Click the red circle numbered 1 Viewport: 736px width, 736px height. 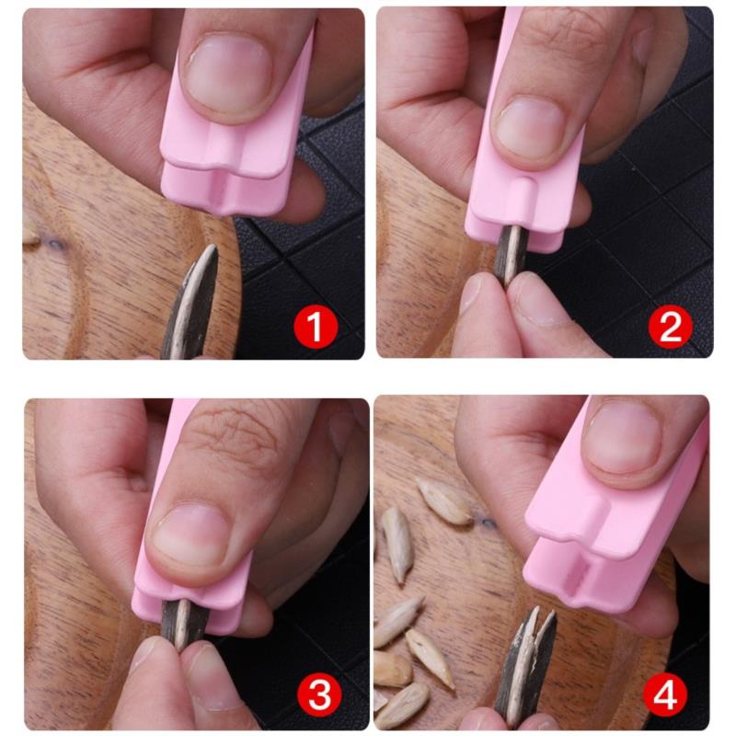click(316, 327)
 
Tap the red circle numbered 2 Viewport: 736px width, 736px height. click(670, 327)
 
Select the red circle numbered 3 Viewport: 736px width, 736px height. click(319, 695)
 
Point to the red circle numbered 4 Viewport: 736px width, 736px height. click(664, 695)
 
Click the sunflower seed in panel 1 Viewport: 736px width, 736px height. click(191, 303)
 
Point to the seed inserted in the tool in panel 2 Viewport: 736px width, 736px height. click(511, 255)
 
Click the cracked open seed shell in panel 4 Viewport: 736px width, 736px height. click(525, 666)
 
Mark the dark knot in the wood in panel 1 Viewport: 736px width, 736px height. click(54, 244)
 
